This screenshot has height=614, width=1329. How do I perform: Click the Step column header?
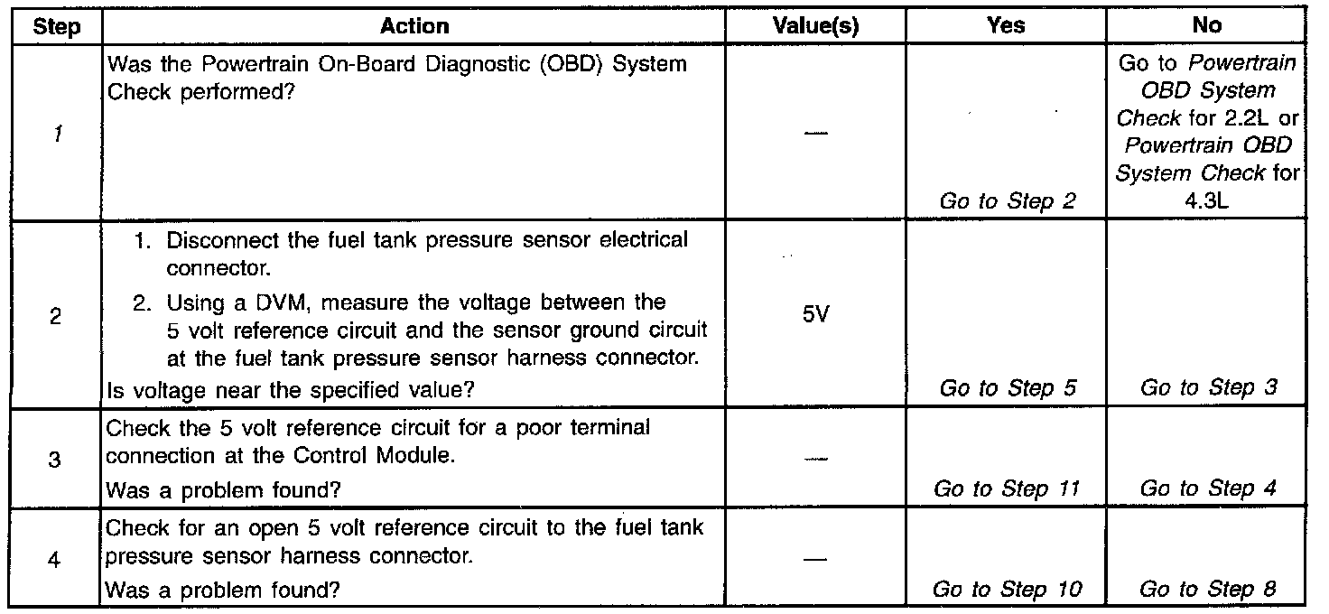(x=56, y=26)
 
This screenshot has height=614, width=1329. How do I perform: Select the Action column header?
(x=414, y=26)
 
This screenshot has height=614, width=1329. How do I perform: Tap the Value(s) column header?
(x=815, y=26)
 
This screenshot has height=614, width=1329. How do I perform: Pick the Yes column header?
(x=1006, y=26)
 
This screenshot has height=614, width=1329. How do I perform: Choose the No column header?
(x=1206, y=26)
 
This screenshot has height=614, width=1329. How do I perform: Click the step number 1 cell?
(x=56, y=134)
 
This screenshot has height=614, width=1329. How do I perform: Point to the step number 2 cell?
(x=56, y=318)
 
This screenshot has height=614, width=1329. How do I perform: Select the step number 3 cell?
(x=56, y=460)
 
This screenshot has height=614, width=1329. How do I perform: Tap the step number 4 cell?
(x=56, y=560)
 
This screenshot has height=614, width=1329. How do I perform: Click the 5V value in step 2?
(x=815, y=318)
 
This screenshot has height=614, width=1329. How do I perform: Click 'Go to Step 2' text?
(x=1008, y=201)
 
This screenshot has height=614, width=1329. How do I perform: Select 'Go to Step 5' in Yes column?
(x=1008, y=388)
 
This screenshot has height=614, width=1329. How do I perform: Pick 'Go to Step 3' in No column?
(x=1208, y=388)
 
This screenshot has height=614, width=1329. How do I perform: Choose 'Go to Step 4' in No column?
(x=1208, y=489)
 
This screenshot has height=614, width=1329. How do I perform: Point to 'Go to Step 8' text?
(x=1208, y=590)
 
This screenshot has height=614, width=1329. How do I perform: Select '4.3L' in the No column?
(x=1206, y=201)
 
